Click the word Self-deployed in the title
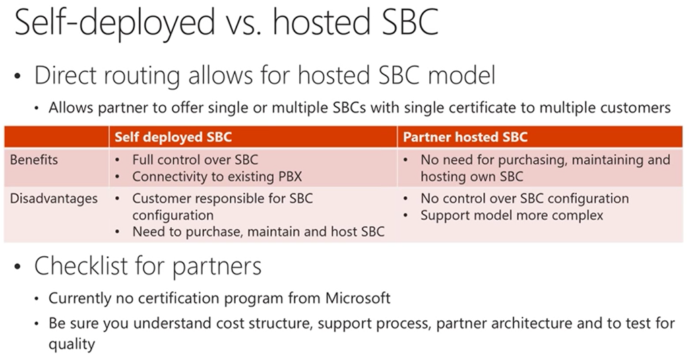[114, 22]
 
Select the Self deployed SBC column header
[173, 138]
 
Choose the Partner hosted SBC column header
[465, 138]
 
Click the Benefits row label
[34, 159]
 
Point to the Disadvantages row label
[54, 198]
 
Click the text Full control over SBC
[195, 159]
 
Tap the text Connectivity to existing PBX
[218, 177]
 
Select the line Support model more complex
[512, 215]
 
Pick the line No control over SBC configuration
[524, 198]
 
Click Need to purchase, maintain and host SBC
[258, 231]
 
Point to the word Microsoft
[358, 298]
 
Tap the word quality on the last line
[71, 344]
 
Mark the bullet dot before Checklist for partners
[17, 267]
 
